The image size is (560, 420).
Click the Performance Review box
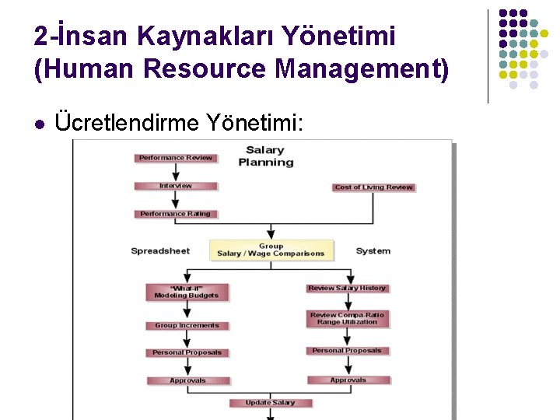(x=175, y=158)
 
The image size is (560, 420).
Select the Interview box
(x=175, y=186)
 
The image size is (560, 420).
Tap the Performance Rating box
(x=175, y=214)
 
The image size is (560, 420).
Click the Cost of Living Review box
(x=373, y=187)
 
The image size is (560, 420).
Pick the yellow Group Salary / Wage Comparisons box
(x=271, y=250)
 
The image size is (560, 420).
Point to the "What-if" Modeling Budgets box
(x=187, y=292)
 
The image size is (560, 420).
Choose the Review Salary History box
(x=347, y=289)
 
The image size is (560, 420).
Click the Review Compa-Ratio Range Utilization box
(x=347, y=318)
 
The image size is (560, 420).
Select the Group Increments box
(x=187, y=326)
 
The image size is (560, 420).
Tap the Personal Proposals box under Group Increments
(x=187, y=352)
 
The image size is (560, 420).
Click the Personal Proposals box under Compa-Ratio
(x=347, y=351)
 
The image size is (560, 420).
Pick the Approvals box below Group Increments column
(x=187, y=380)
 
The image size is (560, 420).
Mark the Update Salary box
(x=270, y=403)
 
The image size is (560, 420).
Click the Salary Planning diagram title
(x=265, y=156)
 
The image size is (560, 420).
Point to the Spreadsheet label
(x=160, y=251)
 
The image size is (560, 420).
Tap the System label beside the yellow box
(x=373, y=251)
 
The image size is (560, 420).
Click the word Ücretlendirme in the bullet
(x=128, y=122)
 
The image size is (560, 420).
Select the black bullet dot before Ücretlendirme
(x=40, y=123)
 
